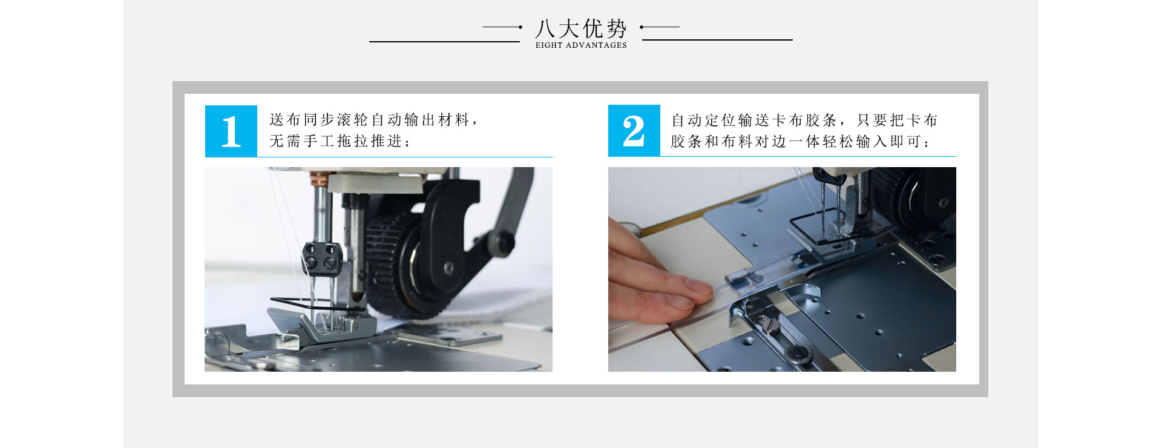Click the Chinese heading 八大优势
[580, 28]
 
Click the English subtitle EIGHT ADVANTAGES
[580, 45]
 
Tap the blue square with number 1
[231, 131]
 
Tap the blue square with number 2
[634, 131]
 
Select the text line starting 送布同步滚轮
[373, 120]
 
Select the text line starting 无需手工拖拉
[339, 141]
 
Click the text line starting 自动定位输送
[804, 120]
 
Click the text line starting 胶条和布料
[800, 142]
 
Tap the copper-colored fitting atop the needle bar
[318, 179]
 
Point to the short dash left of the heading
[502, 27]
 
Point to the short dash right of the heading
[660, 27]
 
